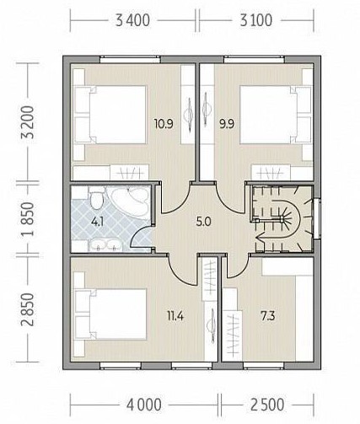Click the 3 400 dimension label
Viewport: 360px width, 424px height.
(x=132, y=21)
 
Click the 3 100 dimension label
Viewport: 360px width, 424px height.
(x=255, y=21)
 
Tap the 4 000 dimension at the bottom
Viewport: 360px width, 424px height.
(x=144, y=405)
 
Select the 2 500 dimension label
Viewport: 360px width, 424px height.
(x=267, y=405)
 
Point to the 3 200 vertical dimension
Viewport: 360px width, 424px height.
(x=29, y=122)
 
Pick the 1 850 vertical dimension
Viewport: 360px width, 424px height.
(x=29, y=219)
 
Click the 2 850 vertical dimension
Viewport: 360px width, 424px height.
(x=29, y=309)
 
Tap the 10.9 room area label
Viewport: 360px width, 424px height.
(x=164, y=123)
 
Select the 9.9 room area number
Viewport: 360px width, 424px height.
(x=227, y=123)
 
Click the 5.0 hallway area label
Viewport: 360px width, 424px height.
(x=203, y=222)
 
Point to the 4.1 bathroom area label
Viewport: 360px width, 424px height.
(x=98, y=222)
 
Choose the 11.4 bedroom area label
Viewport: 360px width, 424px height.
(x=175, y=317)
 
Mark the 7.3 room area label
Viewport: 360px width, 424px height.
(x=268, y=317)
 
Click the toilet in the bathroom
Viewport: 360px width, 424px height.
(x=96, y=198)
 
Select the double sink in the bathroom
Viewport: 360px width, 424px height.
(x=106, y=245)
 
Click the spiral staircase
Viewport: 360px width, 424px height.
(x=283, y=218)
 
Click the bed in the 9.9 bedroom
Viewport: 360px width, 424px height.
(x=276, y=115)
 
